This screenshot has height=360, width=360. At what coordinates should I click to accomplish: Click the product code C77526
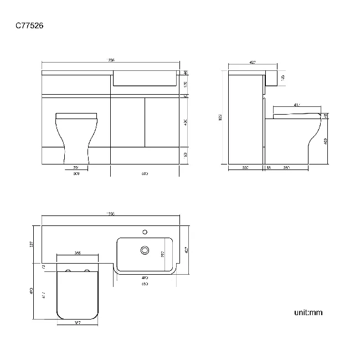[x=30, y=25]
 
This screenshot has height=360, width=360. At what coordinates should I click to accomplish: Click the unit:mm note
[x=308, y=313]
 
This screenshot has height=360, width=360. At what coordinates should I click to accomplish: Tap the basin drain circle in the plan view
[x=146, y=250]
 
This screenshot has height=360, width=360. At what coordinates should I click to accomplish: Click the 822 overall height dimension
[x=220, y=117]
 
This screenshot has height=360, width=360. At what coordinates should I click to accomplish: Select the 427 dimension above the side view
[x=253, y=63]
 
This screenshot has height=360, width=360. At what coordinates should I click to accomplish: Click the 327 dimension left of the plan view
[x=32, y=244]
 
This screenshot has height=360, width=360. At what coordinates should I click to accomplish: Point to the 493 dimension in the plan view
[x=32, y=291]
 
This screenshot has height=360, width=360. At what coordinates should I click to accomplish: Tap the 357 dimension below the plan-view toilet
[x=78, y=322]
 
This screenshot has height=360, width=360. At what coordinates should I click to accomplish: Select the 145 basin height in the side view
[x=282, y=78]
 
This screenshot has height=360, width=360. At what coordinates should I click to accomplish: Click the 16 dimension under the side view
[x=269, y=167]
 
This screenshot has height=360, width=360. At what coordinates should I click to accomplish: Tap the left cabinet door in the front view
[x=128, y=122]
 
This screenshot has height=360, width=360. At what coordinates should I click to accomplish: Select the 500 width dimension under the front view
[x=76, y=173]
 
